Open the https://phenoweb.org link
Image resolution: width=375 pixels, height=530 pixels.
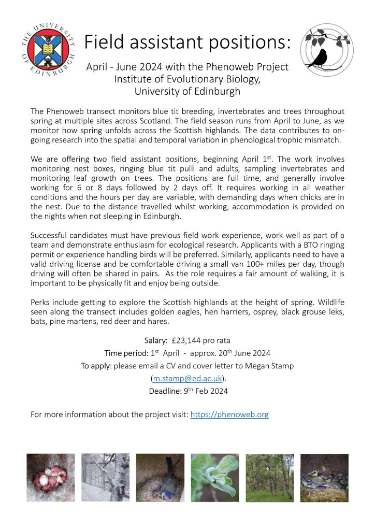pyautogui.click(x=229, y=414)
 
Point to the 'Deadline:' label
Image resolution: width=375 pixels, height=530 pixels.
pyautogui.click(x=165, y=391)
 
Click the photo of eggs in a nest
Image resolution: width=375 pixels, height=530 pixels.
pyautogui.click(x=50, y=478)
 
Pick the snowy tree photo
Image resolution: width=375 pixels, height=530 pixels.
pyautogui.click(x=105, y=478)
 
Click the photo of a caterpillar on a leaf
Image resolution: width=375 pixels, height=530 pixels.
pyautogui.click(x=215, y=478)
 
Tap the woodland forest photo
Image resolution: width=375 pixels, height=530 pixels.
pyautogui.click(x=269, y=478)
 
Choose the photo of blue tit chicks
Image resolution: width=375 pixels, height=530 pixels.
pyautogui.click(x=324, y=478)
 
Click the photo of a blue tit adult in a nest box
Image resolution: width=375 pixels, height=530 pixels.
pyautogui.click(x=160, y=478)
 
